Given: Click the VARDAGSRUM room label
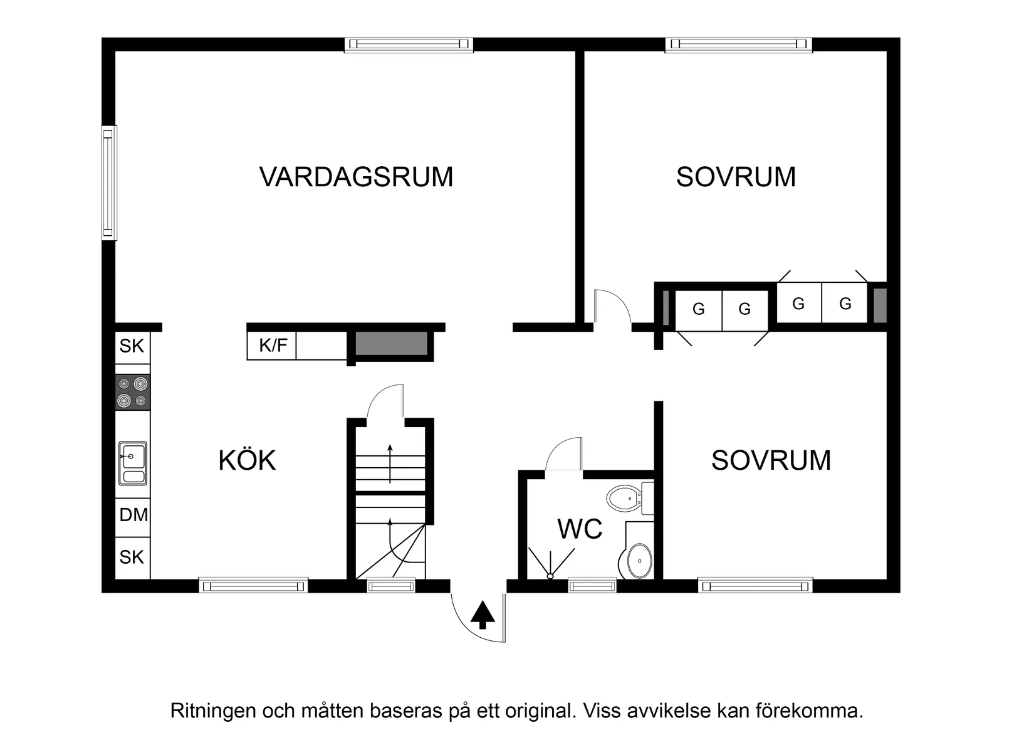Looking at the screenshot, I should tap(356, 177).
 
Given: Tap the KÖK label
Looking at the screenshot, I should tap(247, 460).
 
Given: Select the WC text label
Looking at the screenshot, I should tap(580, 529).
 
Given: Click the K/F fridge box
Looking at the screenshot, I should tap(273, 346).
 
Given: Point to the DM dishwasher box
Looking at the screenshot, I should tap(133, 515).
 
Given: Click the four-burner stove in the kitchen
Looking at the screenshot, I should tap(133, 392).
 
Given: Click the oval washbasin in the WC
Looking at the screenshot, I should tap(639, 560).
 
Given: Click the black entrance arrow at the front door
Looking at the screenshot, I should tap(483, 615).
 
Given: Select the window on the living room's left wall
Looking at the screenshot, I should tap(109, 182).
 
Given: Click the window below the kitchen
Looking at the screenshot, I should tap(253, 586).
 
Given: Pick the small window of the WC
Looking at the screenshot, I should tap(592, 586).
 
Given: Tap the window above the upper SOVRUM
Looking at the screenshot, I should tap(738, 44).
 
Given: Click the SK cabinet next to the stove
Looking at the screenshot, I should tap(132, 346).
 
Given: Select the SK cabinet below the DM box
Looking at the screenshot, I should tap(132, 557).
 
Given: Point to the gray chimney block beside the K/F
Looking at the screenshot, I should tap(392, 344).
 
